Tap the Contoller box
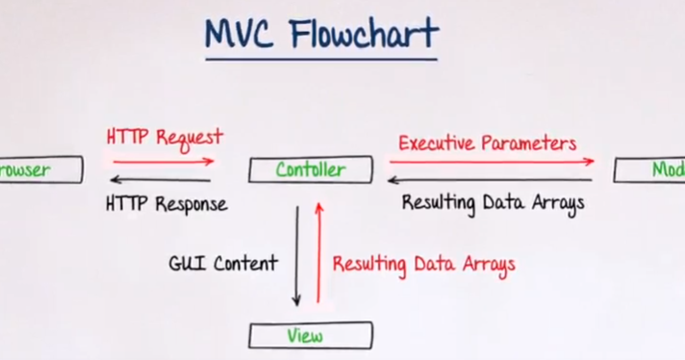[310, 170]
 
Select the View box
[310, 336]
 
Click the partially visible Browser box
[38, 170]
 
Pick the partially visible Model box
[650, 170]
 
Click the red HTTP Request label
[165, 137]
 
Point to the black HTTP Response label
[166, 204]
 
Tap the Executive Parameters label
[488, 143]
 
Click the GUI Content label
[223, 263]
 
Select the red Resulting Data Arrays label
[423, 264]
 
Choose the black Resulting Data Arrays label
[493, 203]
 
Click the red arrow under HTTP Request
[163, 161]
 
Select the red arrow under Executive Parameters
[491, 162]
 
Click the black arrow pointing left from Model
[491, 179]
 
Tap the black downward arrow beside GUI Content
[298, 255]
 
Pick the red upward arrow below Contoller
[319, 255]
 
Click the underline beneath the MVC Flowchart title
[321, 60]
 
